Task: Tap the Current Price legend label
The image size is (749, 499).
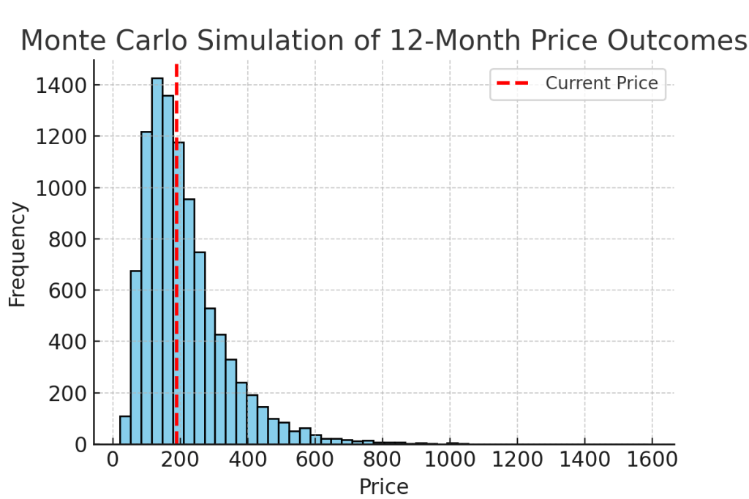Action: [x=601, y=83]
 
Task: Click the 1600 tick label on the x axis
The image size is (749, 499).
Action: [x=652, y=462]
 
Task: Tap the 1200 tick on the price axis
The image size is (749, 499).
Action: [x=517, y=462]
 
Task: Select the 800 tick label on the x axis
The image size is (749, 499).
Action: [x=383, y=462]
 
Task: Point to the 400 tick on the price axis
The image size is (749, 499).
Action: [x=248, y=462]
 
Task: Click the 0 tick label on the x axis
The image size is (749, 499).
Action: [x=113, y=462]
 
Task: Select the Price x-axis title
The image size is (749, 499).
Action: [x=383, y=486]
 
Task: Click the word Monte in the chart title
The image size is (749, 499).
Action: [x=61, y=41]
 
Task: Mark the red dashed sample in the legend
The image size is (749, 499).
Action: [x=512, y=83]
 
